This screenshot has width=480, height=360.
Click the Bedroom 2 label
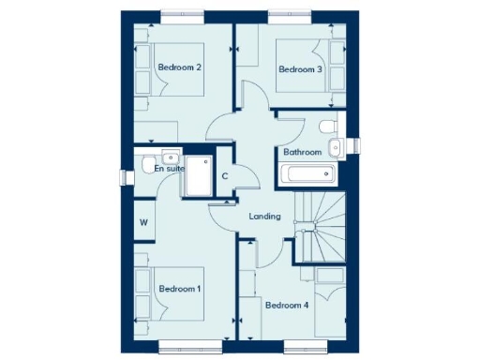point(180,67)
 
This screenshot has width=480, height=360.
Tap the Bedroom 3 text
point(300,69)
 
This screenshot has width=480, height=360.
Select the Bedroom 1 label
point(179,290)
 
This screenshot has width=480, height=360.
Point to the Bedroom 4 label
point(287,305)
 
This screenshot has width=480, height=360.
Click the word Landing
point(264,217)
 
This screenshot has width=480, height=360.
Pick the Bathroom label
point(303,152)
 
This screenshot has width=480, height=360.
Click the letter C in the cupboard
point(225,175)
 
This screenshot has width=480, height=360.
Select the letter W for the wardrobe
point(143,222)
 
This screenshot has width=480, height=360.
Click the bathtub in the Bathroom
point(306,173)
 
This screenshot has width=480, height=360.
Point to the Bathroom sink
point(337,145)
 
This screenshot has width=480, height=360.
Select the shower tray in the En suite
point(199,175)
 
